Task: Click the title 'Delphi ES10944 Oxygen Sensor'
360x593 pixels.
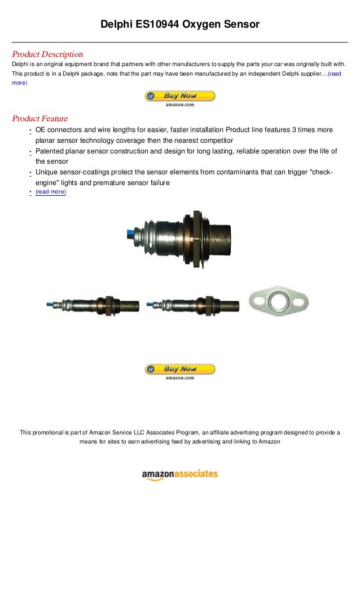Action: click(x=180, y=24)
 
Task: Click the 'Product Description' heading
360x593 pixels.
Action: click(x=47, y=55)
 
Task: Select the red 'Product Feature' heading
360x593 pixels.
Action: click(x=40, y=118)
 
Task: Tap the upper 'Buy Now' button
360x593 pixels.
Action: click(x=180, y=96)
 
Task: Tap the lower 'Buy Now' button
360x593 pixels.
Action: click(x=180, y=370)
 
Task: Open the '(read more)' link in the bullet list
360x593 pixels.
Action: click(x=50, y=192)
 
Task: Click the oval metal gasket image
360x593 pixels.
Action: click(x=278, y=300)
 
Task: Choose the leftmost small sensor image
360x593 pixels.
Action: click(x=93, y=305)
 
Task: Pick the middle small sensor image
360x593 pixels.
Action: click(x=192, y=305)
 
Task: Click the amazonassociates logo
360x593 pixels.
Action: click(x=179, y=475)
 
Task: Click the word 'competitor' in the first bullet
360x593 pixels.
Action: click(x=212, y=140)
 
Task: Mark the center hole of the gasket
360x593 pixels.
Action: click(x=278, y=299)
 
